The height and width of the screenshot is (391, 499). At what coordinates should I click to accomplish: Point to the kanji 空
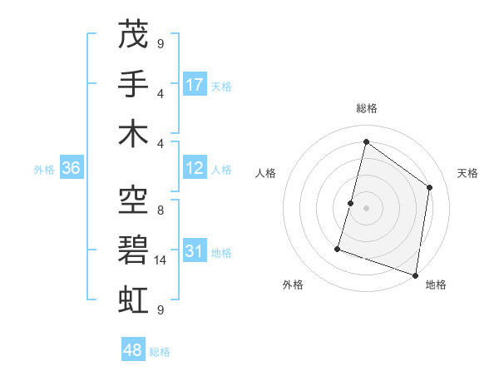(134, 200)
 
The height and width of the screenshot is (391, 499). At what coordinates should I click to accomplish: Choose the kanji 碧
(134, 248)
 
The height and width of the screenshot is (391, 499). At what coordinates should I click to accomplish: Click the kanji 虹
(134, 297)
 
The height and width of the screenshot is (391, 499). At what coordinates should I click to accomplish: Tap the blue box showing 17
(195, 85)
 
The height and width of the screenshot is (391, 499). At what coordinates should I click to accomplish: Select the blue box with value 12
(195, 169)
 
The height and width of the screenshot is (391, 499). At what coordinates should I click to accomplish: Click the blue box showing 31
(195, 252)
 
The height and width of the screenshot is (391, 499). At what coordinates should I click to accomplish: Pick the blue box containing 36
(72, 169)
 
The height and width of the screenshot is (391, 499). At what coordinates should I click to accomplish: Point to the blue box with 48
(133, 351)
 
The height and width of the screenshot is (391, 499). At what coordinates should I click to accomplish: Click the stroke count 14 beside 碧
(161, 260)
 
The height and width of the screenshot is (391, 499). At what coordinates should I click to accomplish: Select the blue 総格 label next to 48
(160, 352)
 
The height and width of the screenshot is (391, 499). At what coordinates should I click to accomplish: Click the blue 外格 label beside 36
(44, 170)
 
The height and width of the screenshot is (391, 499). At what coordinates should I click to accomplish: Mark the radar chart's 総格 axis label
(366, 108)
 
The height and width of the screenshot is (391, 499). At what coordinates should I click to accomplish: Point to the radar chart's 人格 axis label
(265, 173)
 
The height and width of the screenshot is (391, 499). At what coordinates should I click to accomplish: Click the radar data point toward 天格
(430, 187)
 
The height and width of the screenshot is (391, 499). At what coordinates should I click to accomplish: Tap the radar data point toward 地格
(415, 275)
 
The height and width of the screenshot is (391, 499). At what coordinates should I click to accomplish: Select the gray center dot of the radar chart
(366, 208)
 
